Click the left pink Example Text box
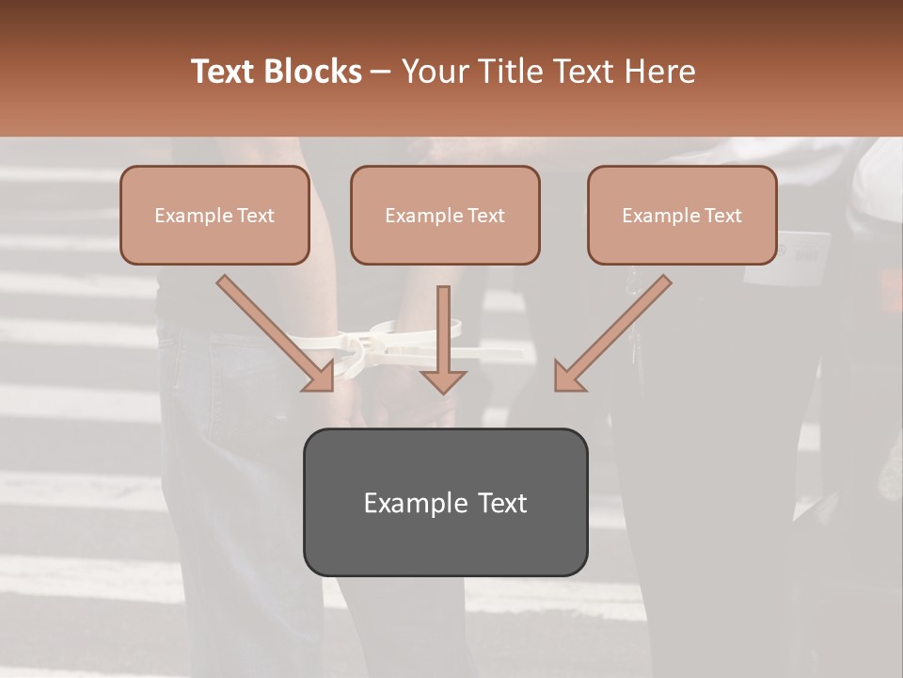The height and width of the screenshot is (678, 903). (214, 215)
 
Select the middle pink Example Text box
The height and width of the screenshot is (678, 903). (445, 215)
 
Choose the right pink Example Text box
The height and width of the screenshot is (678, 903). (682, 215)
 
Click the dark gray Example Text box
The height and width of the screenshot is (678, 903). (445, 502)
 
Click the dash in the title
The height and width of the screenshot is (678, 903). (381, 73)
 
